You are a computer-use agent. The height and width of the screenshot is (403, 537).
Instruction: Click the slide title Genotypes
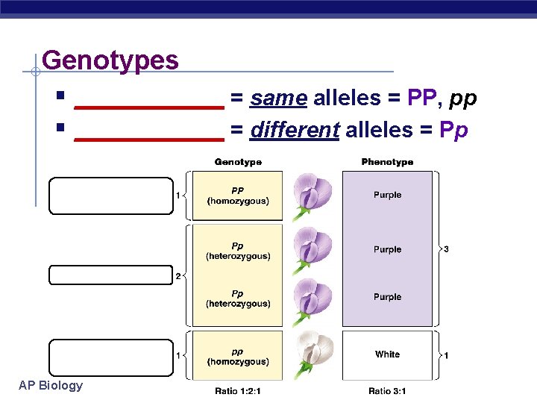coord(110,60)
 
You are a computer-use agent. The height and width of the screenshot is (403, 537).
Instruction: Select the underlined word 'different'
coord(295,130)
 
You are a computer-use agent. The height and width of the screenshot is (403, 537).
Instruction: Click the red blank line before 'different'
coord(150,137)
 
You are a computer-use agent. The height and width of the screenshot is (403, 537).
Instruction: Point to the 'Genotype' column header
coord(238,162)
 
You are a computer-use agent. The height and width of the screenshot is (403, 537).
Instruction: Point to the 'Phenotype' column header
coord(387,162)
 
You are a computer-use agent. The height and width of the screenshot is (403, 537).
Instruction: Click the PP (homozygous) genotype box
coord(238,196)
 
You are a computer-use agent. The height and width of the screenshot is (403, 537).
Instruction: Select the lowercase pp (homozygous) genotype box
coord(238,357)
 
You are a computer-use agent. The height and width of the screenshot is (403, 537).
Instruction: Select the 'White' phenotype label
coord(387,354)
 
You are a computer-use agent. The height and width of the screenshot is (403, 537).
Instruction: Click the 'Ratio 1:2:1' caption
coord(238,391)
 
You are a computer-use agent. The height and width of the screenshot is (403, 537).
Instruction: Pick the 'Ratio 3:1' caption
coord(387,391)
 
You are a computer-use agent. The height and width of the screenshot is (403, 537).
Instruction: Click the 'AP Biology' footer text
coord(51,385)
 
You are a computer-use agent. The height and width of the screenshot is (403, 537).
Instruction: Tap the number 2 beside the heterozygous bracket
coord(178,276)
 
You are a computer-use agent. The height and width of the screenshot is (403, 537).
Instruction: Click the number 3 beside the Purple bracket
coord(446,249)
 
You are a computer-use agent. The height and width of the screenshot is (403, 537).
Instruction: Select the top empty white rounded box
coord(110,196)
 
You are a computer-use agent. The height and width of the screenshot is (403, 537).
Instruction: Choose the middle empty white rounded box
coord(110,275)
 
